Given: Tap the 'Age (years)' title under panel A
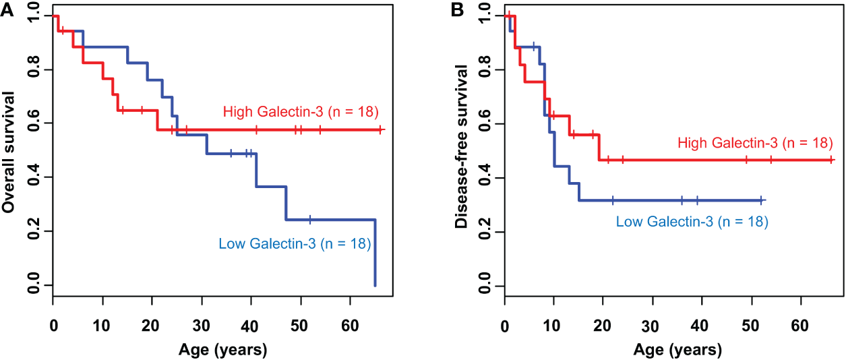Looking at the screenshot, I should (x=222, y=350).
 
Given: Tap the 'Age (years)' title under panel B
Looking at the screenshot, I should (x=677, y=350).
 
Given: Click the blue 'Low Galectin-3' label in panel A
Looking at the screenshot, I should (x=295, y=243).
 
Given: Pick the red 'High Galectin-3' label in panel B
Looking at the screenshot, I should (x=754, y=143).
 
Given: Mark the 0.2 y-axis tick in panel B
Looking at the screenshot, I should (x=483, y=232).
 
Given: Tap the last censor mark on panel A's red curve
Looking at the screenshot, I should (x=380, y=129).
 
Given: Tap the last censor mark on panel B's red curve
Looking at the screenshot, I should (x=831, y=160).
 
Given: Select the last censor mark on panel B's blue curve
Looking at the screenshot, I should (x=761, y=200).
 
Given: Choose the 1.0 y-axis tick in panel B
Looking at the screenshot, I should (x=483, y=16).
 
